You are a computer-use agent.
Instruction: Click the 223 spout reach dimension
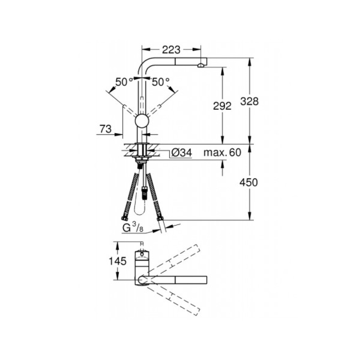tap(171, 50)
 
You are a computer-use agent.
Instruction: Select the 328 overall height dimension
tap(250, 102)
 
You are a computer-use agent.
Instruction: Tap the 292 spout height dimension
tap(222, 106)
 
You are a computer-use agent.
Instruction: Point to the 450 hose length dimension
tap(250, 183)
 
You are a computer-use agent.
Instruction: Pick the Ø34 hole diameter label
tap(181, 153)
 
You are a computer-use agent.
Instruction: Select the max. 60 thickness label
tap(222, 153)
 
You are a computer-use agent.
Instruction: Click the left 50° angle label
tap(124, 82)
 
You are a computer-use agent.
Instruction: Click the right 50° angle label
tap(160, 82)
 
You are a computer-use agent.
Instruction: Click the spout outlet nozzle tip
tap(201, 65)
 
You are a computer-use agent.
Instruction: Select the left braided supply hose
tap(131, 196)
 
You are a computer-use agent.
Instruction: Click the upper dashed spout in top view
tap(173, 261)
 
